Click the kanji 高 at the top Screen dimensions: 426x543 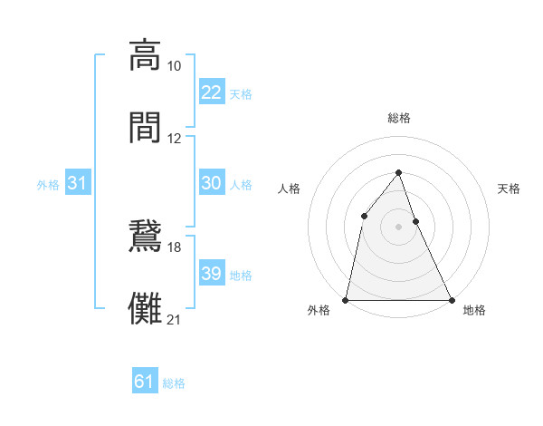[x=145, y=54]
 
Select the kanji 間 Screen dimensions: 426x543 [x=145, y=126]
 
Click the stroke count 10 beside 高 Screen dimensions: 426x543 [x=175, y=66]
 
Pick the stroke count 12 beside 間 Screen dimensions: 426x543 [x=175, y=139]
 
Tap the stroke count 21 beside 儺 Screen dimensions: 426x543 [x=175, y=320]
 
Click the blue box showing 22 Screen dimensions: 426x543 [x=211, y=92]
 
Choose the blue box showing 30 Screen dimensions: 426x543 [x=211, y=183]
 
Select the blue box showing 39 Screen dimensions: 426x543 [x=211, y=274]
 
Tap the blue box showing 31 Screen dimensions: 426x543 [x=78, y=183]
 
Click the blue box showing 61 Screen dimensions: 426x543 [x=145, y=382]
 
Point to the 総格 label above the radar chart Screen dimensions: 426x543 [x=398, y=118]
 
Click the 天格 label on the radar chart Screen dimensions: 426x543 [x=509, y=189]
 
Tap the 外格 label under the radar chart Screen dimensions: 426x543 [x=319, y=310]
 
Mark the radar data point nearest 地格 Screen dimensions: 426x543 [x=451, y=299]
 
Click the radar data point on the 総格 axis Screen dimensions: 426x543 [x=398, y=171]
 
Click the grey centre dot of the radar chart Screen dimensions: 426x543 [x=398, y=227]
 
